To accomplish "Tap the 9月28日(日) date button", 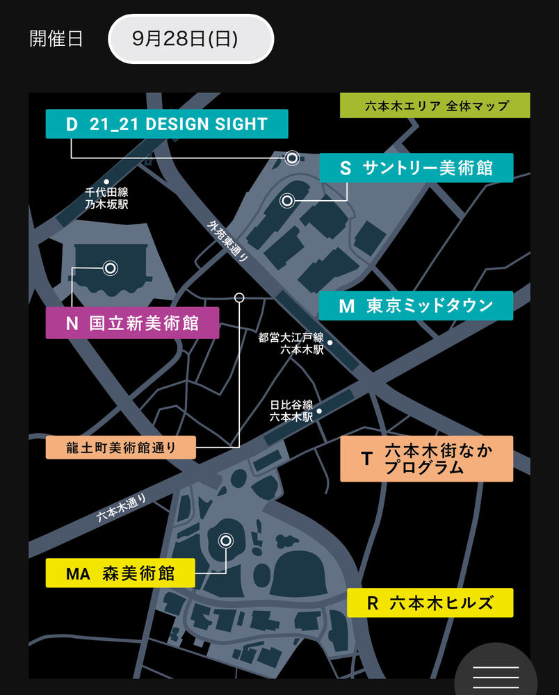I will click(x=191, y=39).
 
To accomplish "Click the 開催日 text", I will click(x=56, y=39).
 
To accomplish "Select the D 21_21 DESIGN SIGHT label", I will click(x=167, y=124).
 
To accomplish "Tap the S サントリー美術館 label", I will click(x=416, y=167).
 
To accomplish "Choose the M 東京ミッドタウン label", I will click(x=416, y=306).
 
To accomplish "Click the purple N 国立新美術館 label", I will click(x=132, y=323).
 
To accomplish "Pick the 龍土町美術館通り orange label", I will click(x=121, y=447).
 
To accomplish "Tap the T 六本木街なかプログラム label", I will click(x=426, y=459).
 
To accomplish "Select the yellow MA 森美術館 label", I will click(x=120, y=573).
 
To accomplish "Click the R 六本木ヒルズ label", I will click(x=430, y=603).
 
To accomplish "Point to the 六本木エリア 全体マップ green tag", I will click(x=435, y=106).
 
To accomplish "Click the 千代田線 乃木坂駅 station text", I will click(x=106, y=198).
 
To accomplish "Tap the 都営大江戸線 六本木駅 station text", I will click(x=291, y=343).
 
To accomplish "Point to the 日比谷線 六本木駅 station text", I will click(x=292, y=411).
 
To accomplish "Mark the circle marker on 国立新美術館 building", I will click(x=109, y=268).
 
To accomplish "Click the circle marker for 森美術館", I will click(x=225, y=540).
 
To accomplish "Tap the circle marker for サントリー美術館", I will click(x=286, y=201).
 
